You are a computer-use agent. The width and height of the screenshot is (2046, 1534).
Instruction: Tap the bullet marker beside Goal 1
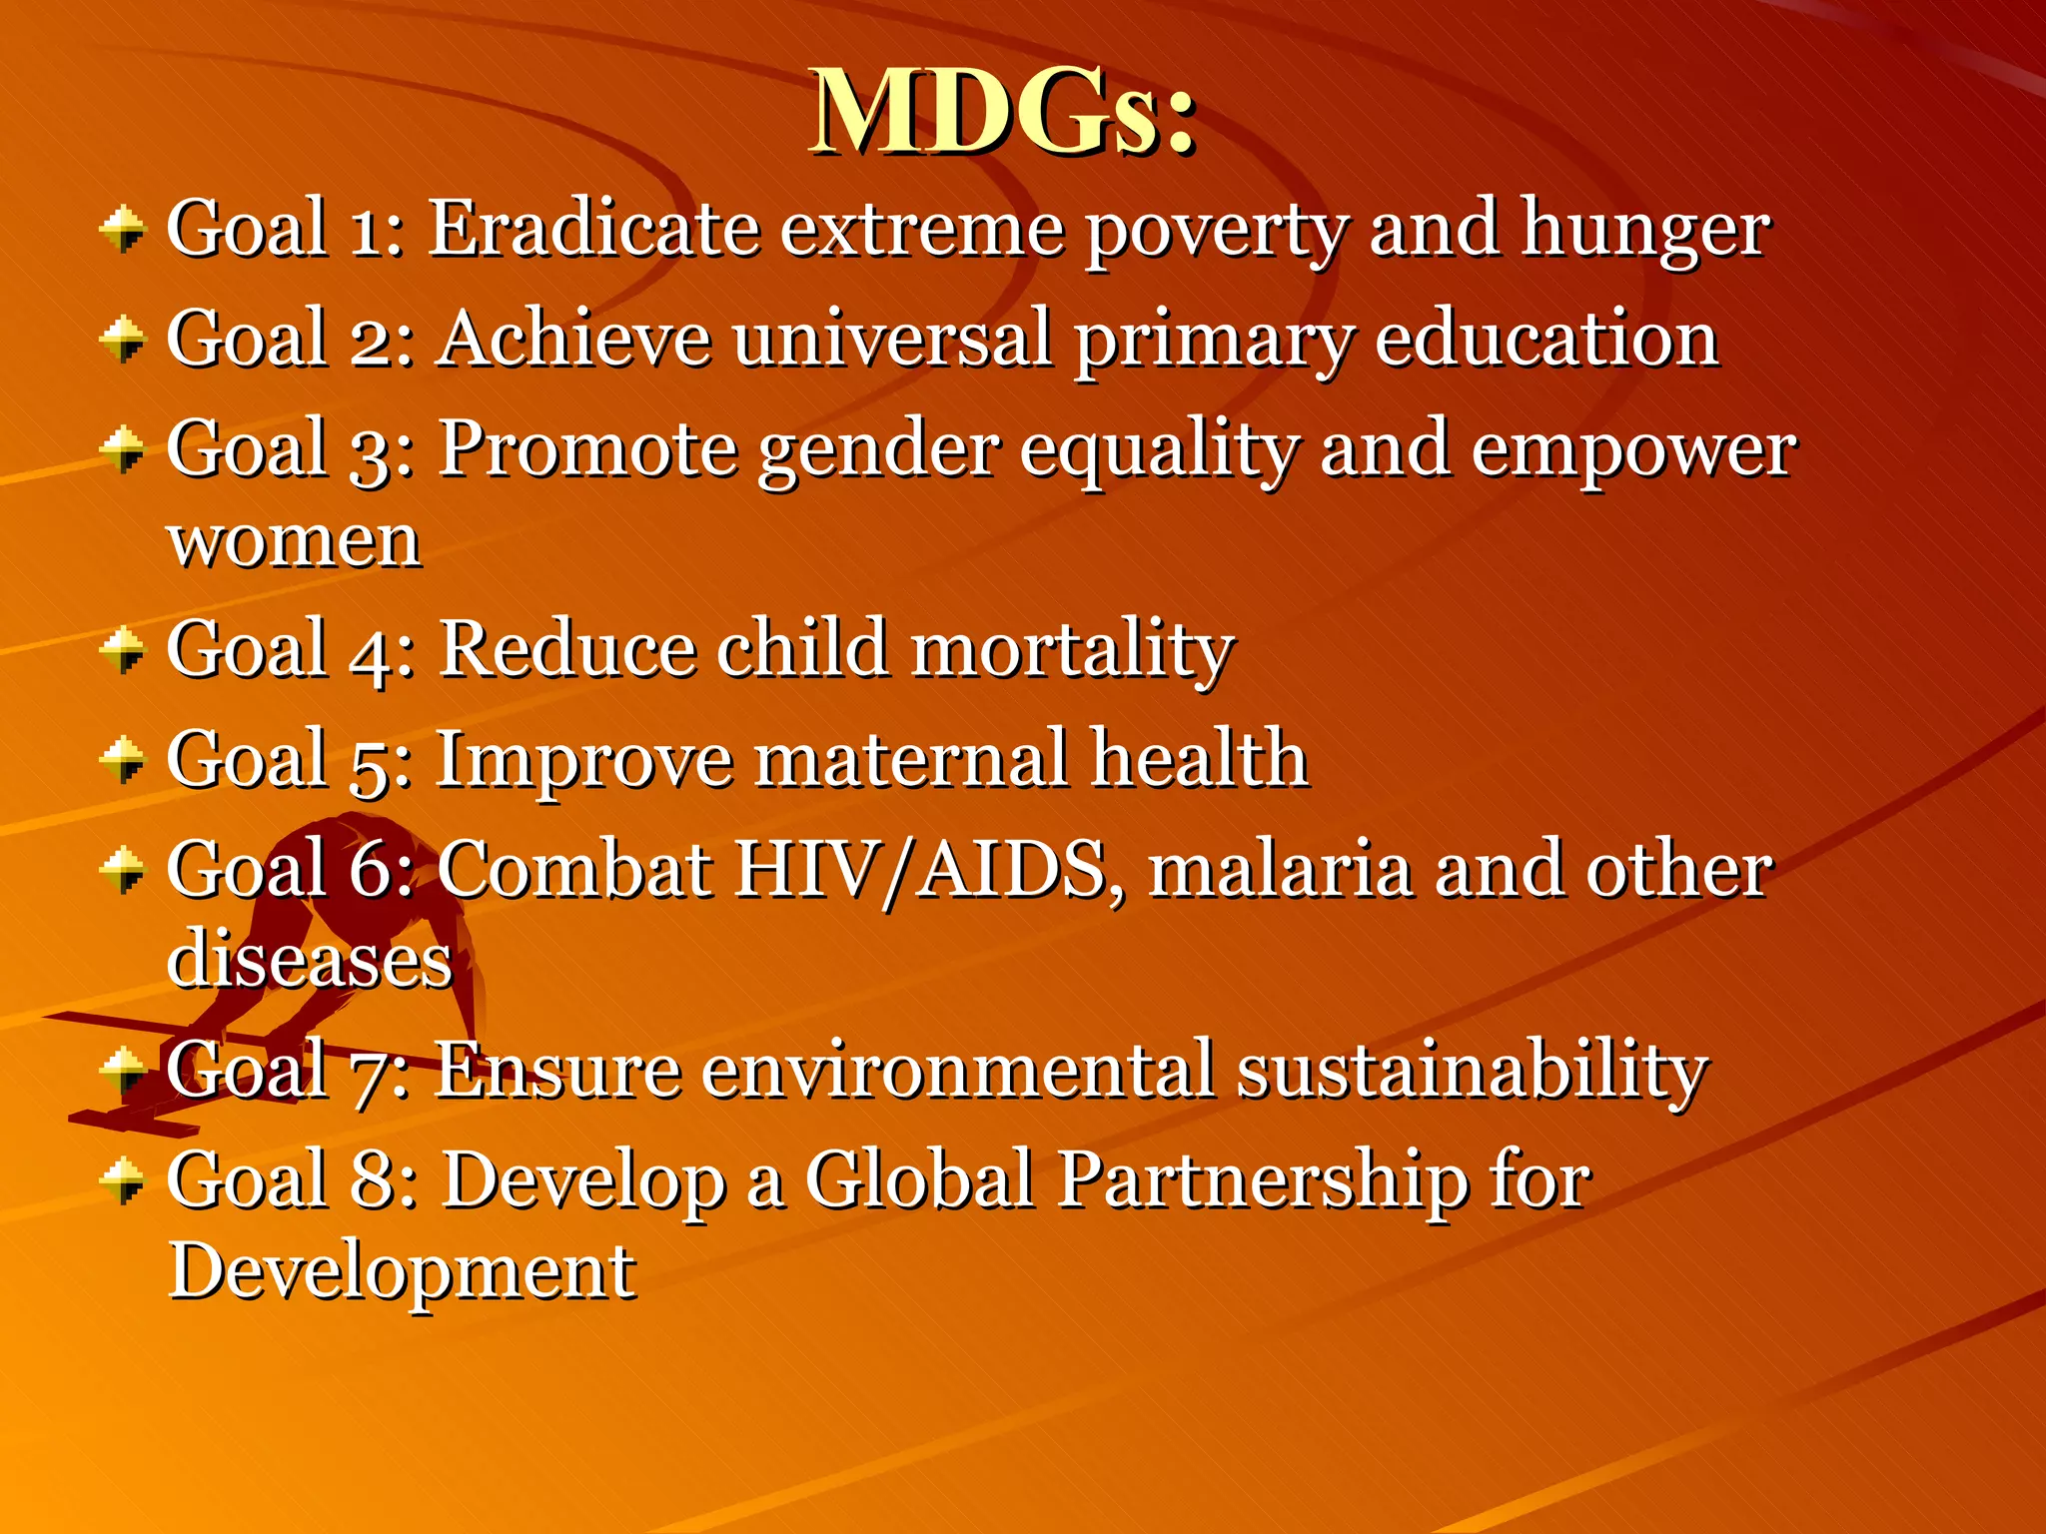point(123,229)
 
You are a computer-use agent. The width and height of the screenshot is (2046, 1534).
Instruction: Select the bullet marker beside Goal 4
point(123,650)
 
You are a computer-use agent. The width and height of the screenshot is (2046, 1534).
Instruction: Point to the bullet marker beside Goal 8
point(123,1180)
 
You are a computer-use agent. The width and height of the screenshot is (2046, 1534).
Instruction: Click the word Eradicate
point(593,229)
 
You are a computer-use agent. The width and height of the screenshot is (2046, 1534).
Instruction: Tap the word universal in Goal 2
point(892,339)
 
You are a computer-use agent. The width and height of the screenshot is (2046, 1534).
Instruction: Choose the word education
point(1546,339)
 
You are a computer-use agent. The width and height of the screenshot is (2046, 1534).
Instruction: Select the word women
point(295,542)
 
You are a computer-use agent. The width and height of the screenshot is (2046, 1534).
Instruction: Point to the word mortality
point(1073,650)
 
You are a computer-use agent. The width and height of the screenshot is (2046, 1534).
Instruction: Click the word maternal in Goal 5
point(911,759)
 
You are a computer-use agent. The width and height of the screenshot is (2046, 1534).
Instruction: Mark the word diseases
point(310,960)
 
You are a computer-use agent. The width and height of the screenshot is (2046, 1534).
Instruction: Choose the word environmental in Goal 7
point(958,1071)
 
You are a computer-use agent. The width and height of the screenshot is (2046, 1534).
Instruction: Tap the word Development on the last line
point(402,1272)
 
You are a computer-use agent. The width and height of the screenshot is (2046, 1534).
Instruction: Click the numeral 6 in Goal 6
point(371,870)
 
